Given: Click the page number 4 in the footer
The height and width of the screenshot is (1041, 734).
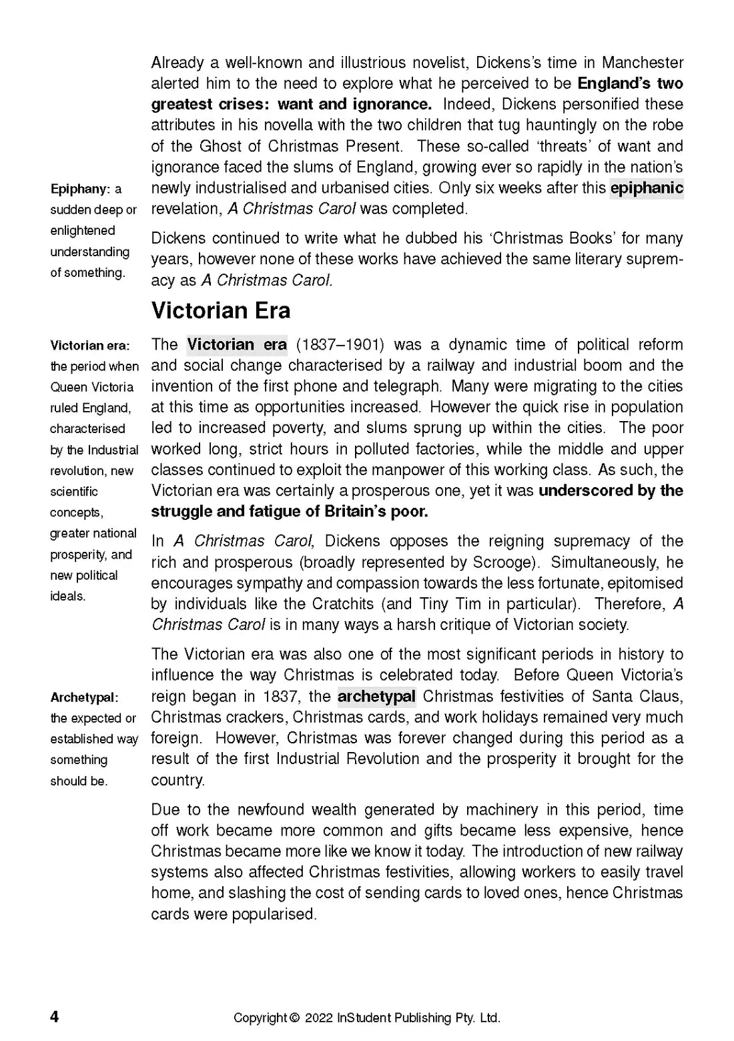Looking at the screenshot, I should (x=55, y=1016).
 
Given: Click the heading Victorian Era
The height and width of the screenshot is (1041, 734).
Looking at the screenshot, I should (x=221, y=311).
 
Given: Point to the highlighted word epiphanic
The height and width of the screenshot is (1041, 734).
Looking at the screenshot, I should (x=647, y=188).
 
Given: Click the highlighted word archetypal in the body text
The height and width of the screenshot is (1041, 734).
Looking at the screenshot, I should (x=376, y=697).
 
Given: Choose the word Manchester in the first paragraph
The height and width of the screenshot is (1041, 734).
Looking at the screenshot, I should (x=643, y=63).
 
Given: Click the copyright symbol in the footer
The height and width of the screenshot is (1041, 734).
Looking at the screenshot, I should (x=294, y=1018).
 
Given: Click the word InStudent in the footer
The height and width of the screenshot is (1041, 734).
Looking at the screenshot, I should (x=364, y=1018).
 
